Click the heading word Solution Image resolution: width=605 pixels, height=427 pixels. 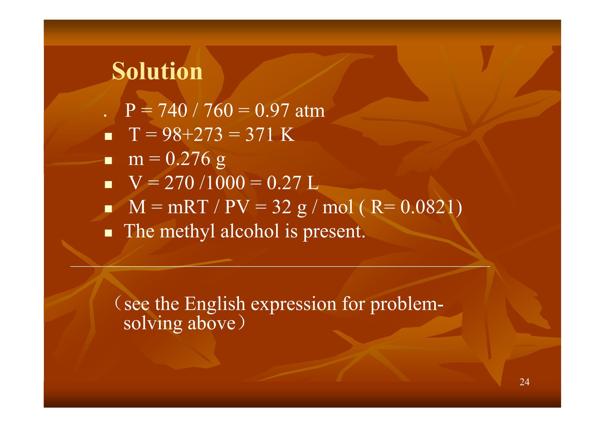tap(157, 71)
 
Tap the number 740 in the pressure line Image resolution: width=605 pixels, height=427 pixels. tap(172, 110)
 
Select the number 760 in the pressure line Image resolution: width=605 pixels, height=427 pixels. tap(218, 110)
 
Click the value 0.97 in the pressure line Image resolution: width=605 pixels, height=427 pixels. tap(272, 110)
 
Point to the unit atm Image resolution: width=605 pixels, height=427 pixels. tap(310, 111)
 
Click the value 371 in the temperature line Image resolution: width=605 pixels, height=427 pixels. tap(260, 134)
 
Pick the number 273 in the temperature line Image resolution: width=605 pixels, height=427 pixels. tap(208, 134)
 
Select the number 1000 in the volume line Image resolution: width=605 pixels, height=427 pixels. tap(226, 183)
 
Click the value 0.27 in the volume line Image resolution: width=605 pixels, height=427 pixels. tap(284, 183)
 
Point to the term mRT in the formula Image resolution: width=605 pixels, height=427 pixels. tap(188, 207)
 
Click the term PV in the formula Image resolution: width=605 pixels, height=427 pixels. tap(237, 207)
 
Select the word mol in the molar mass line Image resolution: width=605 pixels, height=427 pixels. tap(338, 207)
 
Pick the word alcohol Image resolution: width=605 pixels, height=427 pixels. tap(250, 231)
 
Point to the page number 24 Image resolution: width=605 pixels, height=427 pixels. tap(524, 382)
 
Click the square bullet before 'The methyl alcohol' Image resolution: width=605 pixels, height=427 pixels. tap(108, 233)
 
